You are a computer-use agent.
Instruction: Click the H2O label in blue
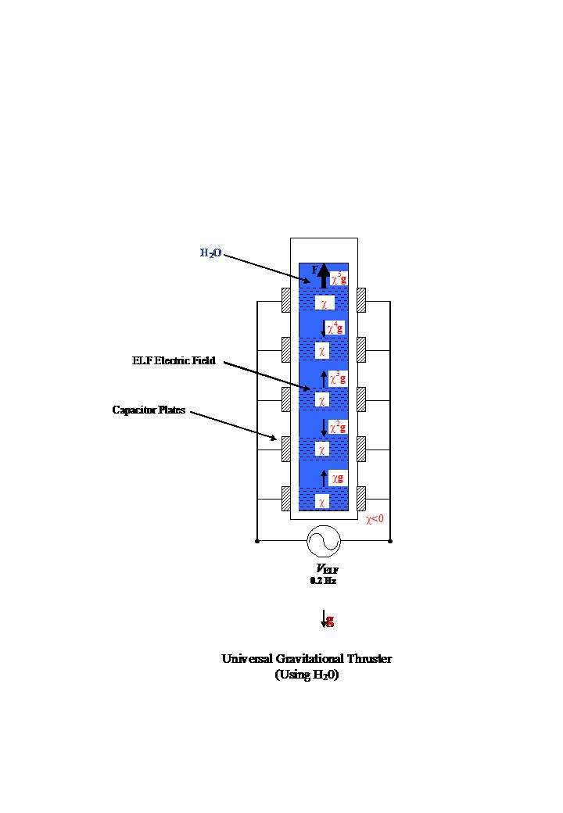pyautogui.click(x=210, y=252)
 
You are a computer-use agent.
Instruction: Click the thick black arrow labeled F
pyautogui.click(x=323, y=274)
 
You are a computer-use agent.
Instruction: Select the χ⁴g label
pyautogui.click(x=335, y=328)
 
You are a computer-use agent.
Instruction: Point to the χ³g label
pyautogui.click(x=337, y=378)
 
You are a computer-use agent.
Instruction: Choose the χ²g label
pyautogui.click(x=337, y=427)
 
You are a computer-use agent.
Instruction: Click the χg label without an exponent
pyautogui.click(x=337, y=477)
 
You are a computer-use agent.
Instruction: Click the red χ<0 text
pyautogui.click(x=375, y=518)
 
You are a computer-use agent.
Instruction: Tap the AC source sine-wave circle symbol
pyautogui.click(x=324, y=540)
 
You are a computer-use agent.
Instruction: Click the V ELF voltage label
pyautogui.click(x=327, y=569)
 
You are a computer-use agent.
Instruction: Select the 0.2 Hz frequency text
pyautogui.click(x=323, y=581)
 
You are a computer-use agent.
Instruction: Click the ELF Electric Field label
pyautogui.click(x=174, y=361)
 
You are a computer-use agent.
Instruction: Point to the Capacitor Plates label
pyautogui.click(x=149, y=410)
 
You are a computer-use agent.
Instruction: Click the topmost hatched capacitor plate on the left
pyautogui.click(x=286, y=300)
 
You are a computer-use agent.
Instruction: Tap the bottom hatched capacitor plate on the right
pyautogui.click(x=361, y=498)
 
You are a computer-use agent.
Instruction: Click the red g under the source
pyautogui.click(x=330, y=620)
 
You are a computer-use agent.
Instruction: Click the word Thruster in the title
pyautogui.click(x=367, y=658)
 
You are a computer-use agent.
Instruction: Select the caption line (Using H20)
pyautogui.click(x=307, y=675)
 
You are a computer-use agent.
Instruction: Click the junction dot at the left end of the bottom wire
pyautogui.click(x=257, y=540)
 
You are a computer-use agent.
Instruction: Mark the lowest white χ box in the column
pyautogui.click(x=321, y=502)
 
